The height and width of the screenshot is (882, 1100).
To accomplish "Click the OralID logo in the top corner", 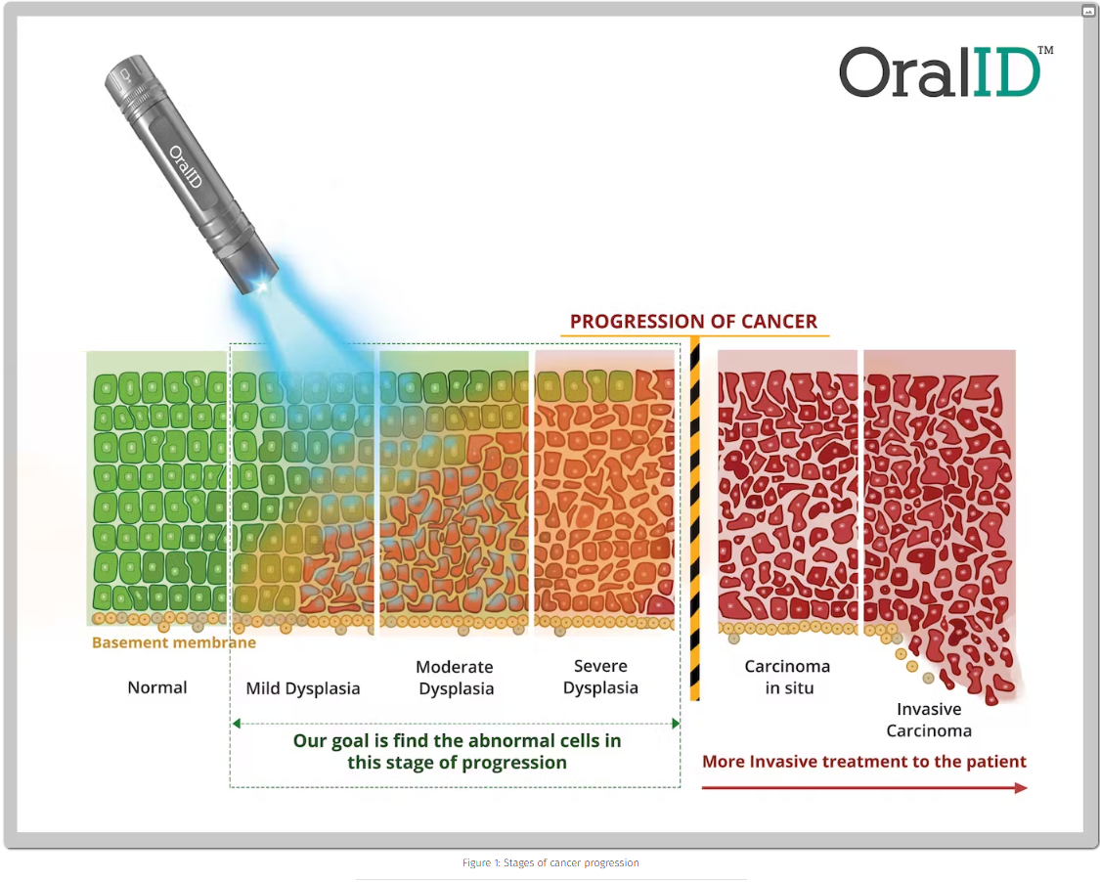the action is pyautogui.click(x=946, y=72).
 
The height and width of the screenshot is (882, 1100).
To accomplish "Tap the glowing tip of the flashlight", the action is pyautogui.click(x=262, y=286).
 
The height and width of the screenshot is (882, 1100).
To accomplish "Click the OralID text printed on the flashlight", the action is pyautogui.click(x=186, y=167).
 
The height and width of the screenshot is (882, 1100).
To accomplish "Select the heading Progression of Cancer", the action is pyautogui.click(x=694, y=322).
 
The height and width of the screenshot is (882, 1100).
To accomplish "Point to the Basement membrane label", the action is pyautogui.click(x=174, y=642).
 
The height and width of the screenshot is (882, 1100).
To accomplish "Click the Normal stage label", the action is pyautogui.click(x=157, y=687).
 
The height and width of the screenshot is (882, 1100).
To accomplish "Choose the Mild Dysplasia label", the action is pyautogui.click(x=303, y=688).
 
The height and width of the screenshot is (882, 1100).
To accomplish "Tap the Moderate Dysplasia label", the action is pyautogui.click(x=456, y=678).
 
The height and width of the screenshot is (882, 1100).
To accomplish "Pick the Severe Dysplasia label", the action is pyautogui.click(x=600, y=677).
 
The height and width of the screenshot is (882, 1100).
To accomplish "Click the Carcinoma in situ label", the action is pyautogui.click(x=788, y=677).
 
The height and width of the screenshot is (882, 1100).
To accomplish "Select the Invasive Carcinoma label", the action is pyautogui.click(x=929, y=720).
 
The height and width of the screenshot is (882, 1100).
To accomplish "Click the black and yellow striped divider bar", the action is pyautogui.click(x=695, y=519).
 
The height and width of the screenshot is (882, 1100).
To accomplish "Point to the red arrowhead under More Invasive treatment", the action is pyautogui.click(x=1022, y=788).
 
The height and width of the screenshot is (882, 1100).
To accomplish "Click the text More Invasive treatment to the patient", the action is pyautogui.click(x=864, y=762).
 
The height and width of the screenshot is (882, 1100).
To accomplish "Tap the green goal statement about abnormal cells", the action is pyautogui.click(x=458, y=752).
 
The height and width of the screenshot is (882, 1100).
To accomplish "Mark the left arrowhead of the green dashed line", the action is pyautogui.click(x=237, y=724).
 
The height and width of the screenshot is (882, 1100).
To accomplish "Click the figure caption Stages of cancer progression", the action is pyautogui.click(x=550, y=863).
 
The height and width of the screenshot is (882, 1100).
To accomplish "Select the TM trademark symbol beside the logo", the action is pyautogui.click(x=1045, y=50).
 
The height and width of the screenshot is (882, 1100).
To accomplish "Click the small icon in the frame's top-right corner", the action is pyautogui.click(x=1089, y=11).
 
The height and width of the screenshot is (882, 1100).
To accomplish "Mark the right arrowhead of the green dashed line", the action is pyautogui.click(x=676, y=724).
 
